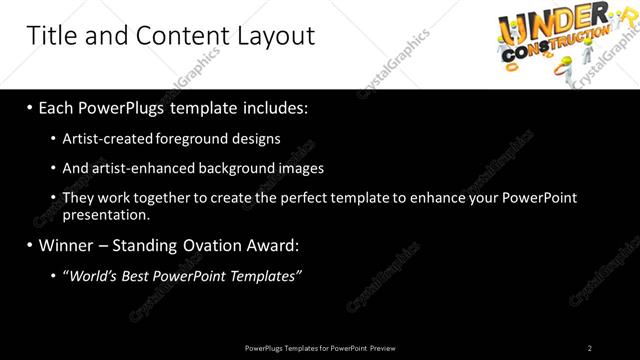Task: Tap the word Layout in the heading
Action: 270,36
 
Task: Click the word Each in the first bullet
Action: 57,106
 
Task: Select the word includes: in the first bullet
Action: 272,106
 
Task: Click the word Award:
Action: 274,244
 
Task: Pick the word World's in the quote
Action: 92,275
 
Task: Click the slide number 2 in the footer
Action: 590,348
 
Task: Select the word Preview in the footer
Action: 383,348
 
